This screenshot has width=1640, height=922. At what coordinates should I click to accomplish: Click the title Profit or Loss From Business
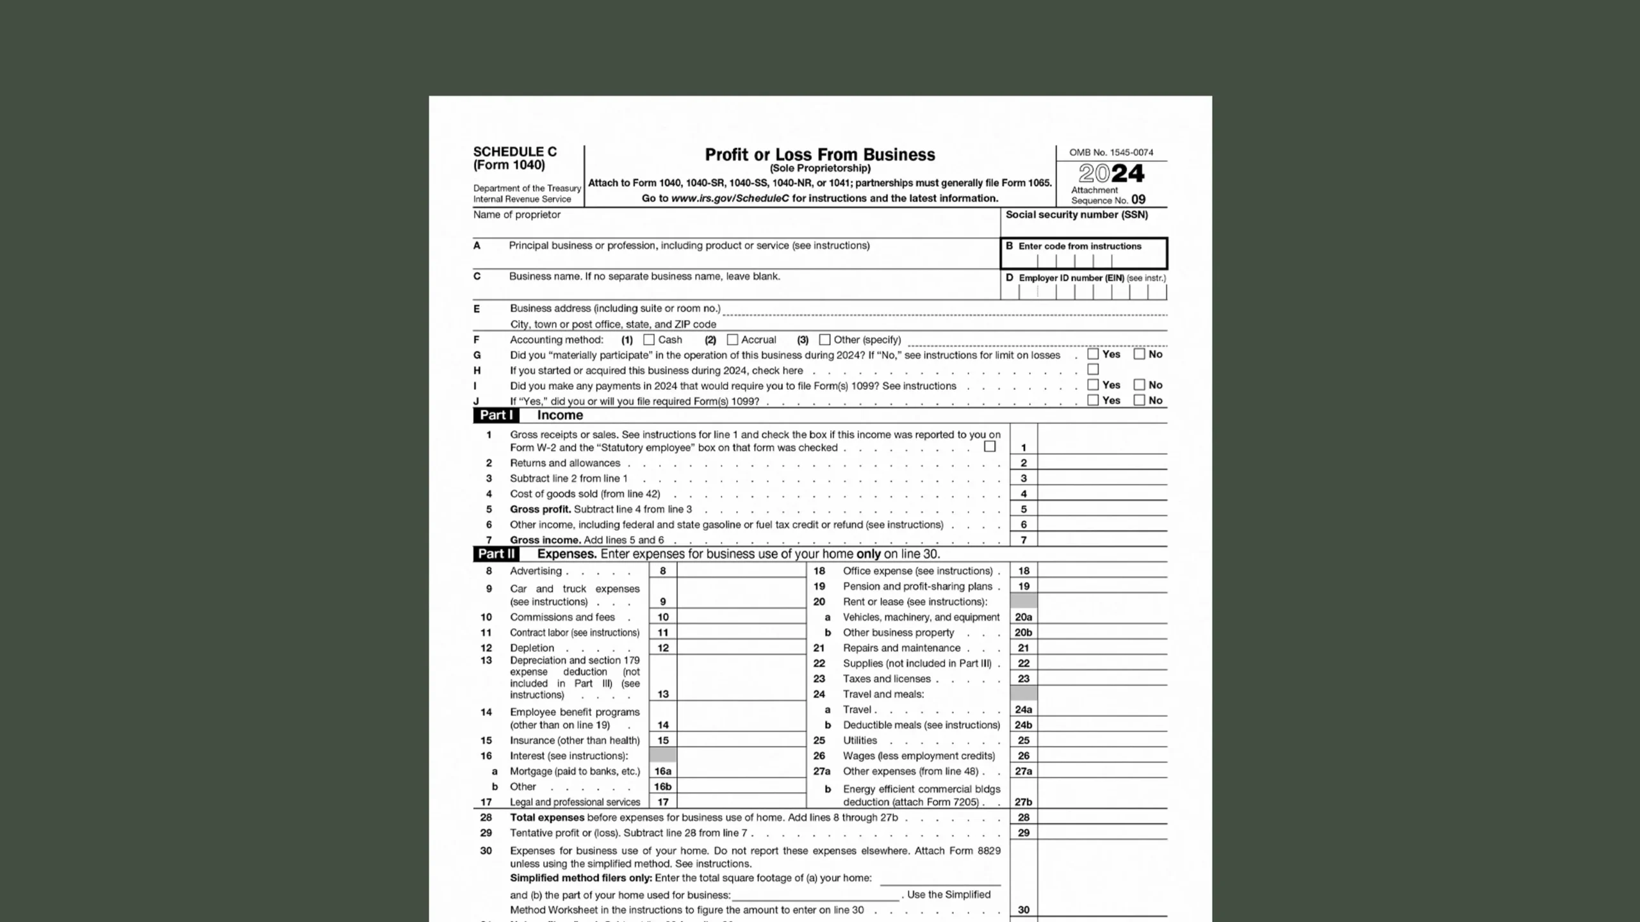819,155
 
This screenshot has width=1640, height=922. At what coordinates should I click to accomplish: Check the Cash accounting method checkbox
649,340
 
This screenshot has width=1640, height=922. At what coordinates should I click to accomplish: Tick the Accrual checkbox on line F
732,340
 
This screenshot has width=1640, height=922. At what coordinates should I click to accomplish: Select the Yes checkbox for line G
1093,354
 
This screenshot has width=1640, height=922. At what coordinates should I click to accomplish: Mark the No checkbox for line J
1139,400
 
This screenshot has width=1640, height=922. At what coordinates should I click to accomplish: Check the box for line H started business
1093,369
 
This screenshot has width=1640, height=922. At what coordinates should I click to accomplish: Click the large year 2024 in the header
1111,173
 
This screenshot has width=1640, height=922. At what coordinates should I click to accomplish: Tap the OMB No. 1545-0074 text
1111,152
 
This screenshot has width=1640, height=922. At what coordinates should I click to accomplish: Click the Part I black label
496,415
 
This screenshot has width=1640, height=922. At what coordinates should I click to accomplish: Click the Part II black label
496,554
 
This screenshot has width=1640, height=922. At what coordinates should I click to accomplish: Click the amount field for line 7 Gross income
1102,539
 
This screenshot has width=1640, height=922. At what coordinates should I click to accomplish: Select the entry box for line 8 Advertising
741,570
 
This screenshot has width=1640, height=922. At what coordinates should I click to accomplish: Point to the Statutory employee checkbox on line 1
990,446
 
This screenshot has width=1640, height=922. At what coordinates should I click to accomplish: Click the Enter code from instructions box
1083,254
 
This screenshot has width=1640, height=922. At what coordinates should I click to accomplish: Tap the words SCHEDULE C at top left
515,152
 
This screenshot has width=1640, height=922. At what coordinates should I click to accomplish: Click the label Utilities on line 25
860,740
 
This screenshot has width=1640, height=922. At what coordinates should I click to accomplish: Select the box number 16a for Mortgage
662,771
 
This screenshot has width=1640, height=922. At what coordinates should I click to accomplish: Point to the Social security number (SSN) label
1076,214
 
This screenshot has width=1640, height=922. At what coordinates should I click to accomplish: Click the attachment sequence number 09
1138,200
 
